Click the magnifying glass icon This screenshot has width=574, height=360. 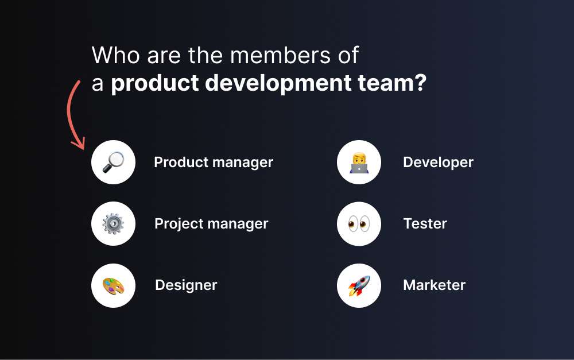coord(113,162)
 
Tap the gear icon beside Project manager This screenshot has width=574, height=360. coord(113,223)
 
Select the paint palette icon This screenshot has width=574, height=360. coord(113,285)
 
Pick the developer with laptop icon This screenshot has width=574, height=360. coord(359,162)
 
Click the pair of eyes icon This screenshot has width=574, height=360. coord(359,223)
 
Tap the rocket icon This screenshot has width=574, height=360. coord(359,285)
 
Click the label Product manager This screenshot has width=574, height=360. coord(214,162)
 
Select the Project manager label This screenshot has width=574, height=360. coord(211,223)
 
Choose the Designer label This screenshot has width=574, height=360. coord(186,285)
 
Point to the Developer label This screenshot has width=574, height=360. coord(438,162)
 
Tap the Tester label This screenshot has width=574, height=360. coord(425,223)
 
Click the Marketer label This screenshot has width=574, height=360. coord(434,285)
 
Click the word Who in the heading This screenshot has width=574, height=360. coord(115,56)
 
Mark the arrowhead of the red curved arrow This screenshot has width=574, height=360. coord(79,144)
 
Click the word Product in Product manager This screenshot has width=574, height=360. coord(177,162)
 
